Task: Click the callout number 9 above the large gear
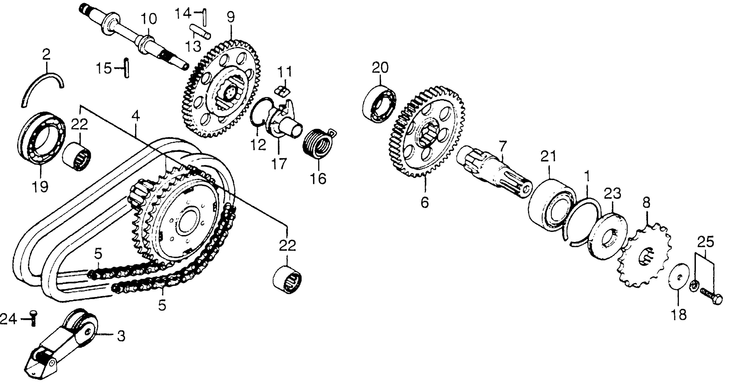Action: [x=231, y=17]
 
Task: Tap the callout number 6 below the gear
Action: [x=425, y=202]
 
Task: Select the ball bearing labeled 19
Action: [x=41, y=138]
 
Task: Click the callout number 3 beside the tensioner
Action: [x=121, y=337]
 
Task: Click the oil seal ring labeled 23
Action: [x=608, y=237]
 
